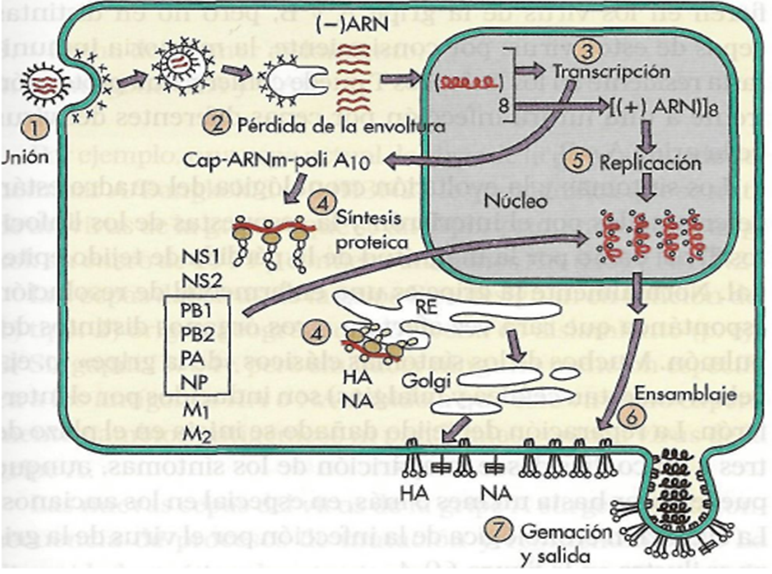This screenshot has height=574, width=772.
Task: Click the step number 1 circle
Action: [34, 128]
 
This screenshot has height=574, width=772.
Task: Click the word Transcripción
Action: [611, 72]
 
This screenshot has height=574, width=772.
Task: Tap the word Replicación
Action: [650, 163]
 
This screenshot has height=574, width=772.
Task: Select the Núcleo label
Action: [515, 200]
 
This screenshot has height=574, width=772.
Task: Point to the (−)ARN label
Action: [352, 25]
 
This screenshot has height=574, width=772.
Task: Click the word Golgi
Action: [426, 381]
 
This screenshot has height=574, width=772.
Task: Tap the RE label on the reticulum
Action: [426, 306]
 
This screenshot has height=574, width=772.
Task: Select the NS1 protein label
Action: [201, 256]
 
